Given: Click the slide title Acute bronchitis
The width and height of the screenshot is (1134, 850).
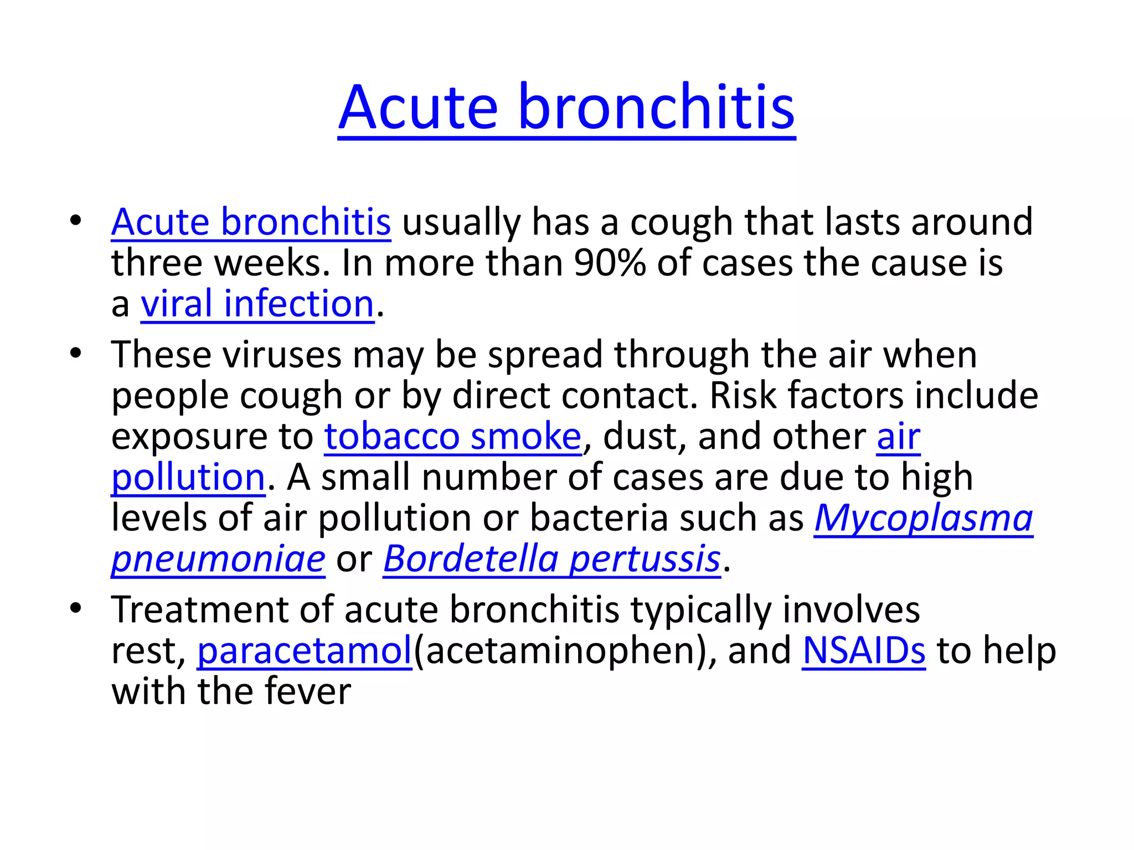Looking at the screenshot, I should tap(566, 107).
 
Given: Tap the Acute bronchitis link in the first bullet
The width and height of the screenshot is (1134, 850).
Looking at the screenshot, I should tap(251, 222).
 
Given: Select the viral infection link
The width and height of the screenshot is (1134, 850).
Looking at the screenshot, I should tap(257, 304).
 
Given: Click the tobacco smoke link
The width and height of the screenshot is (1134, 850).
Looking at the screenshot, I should tap(452, 436).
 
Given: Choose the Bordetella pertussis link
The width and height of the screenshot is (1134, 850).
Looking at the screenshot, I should tap(551, 558).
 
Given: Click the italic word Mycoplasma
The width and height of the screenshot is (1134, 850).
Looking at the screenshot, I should tap(923, 518).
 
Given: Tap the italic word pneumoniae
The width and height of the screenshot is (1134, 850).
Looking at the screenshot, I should tap(218, 559).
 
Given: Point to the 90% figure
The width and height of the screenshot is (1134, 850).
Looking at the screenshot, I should tap(610, 263).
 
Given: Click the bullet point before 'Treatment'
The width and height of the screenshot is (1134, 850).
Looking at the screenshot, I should tap(76, 608).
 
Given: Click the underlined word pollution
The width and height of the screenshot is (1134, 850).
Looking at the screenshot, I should tap(188, 477).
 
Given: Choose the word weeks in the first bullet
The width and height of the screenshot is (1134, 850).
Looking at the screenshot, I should tap(271, 263).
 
